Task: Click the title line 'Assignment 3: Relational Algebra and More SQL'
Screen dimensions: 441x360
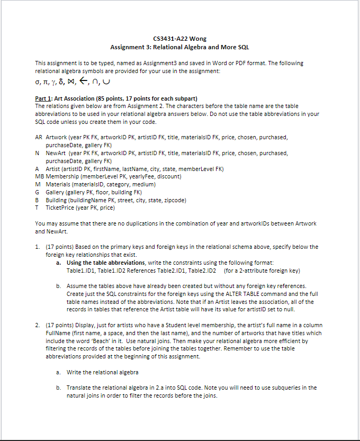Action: click(x=179, y=47)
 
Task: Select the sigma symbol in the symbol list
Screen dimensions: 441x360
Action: click(x=37, y=83)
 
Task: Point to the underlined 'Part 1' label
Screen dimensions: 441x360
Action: click(x=43, y=99)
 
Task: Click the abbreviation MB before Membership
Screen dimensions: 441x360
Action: click(x=39, y=176)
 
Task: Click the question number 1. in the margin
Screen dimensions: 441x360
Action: click(x=37, y=247)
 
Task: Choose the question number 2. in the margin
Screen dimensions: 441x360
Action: click(x=37, y=325)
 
